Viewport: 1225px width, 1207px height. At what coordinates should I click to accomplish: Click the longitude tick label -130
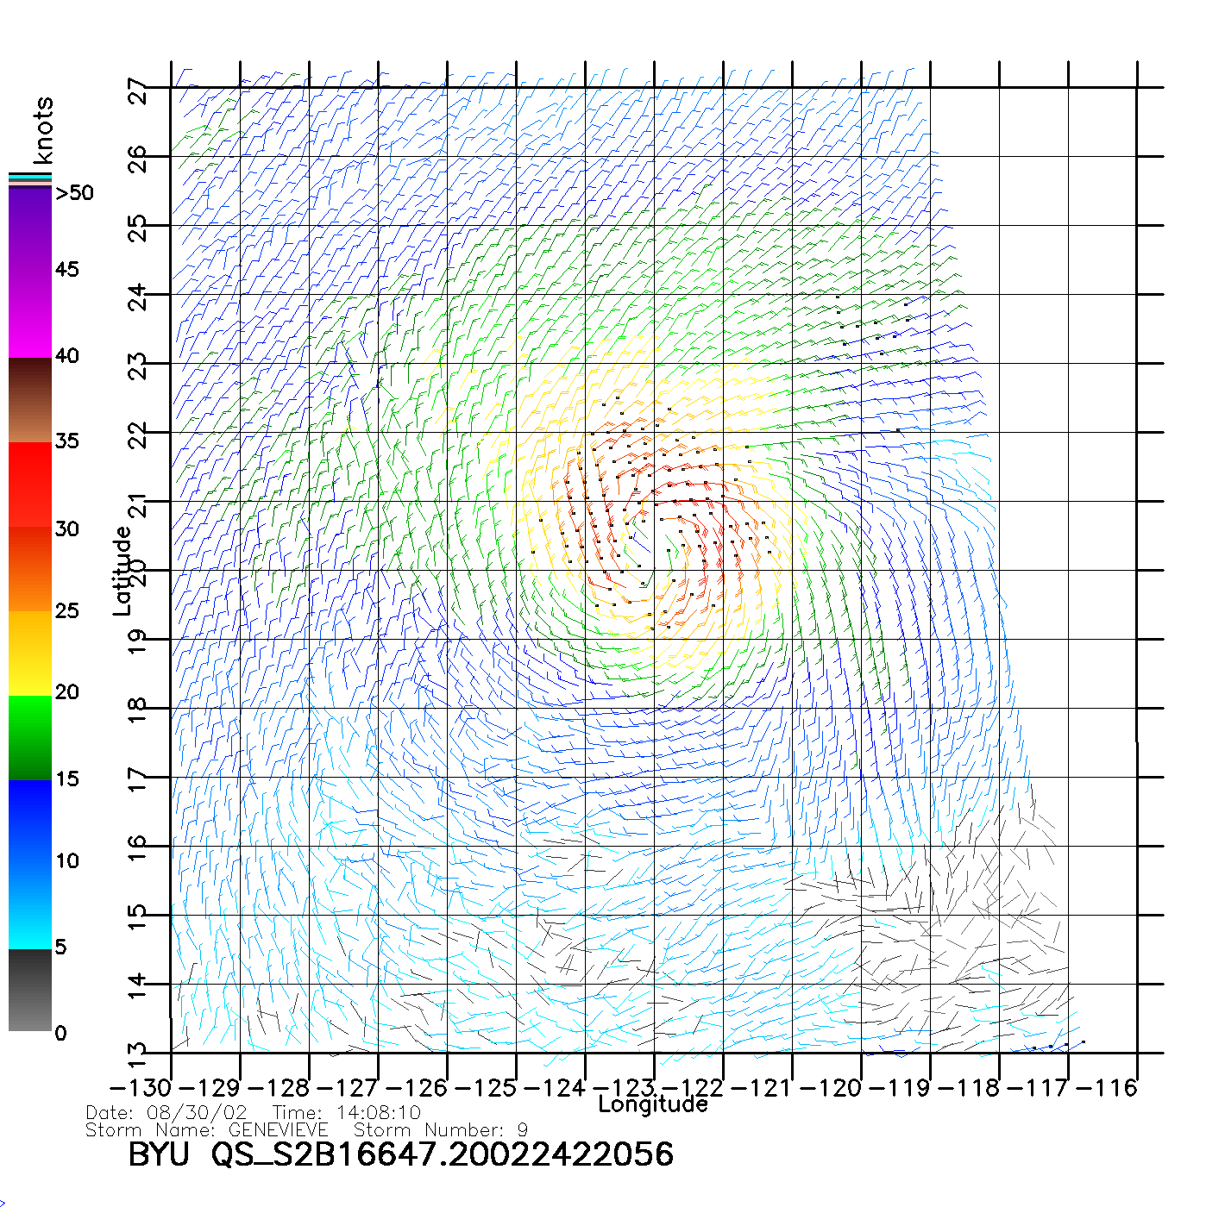click(141, 1088)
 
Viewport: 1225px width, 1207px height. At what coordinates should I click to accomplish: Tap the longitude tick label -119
click(900, 1088)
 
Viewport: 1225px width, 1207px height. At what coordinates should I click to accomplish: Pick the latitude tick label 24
click(138, 298)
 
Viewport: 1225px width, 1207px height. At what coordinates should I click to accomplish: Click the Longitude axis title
click(653, 1104)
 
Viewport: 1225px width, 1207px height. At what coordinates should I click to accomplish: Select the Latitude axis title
click(122, 571)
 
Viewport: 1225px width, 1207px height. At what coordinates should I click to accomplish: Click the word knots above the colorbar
click(43, 130)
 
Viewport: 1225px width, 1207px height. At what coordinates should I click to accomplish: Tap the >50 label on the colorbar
click(75, 193)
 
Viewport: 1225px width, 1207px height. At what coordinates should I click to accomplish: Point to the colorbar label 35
click(67, 441)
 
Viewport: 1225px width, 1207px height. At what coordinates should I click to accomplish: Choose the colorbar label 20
click(67, 692)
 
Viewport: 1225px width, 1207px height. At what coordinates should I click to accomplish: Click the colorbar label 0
click(60, 1034)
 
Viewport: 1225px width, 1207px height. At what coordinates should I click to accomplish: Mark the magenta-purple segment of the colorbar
click(30, 272)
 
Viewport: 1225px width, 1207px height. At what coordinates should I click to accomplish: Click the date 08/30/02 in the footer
click(197, 1113)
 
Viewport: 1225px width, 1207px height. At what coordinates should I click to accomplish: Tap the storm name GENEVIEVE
click(278, 1130)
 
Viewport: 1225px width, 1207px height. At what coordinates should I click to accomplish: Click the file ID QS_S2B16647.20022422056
click(443, 1155)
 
